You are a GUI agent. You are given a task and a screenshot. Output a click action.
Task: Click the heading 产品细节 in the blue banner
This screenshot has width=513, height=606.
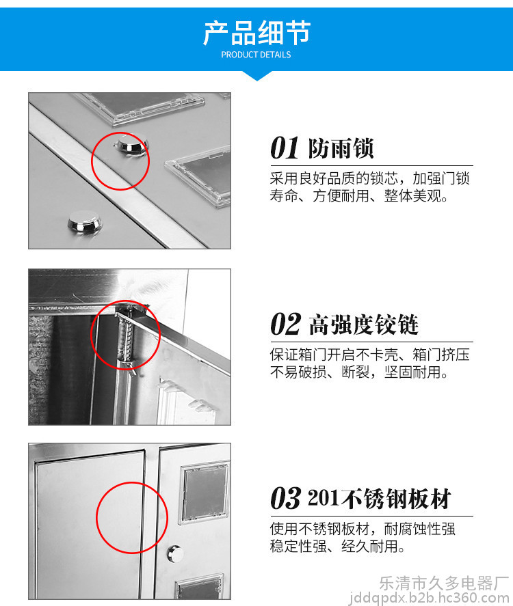[256, 33]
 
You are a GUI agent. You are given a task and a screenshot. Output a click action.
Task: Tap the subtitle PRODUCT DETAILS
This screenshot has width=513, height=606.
[256, 55]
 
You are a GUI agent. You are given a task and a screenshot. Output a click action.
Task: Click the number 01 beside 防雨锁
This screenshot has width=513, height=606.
[285, 148]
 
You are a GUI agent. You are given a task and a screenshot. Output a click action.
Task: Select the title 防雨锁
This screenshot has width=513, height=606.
[341, 148]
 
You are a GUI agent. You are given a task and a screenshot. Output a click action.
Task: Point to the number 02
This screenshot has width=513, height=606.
[285, 324]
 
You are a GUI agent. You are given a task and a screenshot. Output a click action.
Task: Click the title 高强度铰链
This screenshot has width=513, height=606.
[363, 325]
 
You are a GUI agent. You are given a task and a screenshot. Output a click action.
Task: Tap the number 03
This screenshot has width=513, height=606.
[285, 498]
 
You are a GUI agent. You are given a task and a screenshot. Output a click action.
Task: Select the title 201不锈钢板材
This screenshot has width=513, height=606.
[380, 498]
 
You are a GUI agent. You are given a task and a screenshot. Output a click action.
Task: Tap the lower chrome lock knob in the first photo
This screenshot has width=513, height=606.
[85, 222]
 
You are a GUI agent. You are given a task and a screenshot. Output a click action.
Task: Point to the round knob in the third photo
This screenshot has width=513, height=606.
[175, 554]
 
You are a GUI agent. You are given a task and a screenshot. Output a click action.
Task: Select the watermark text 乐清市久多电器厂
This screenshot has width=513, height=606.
[444, 583]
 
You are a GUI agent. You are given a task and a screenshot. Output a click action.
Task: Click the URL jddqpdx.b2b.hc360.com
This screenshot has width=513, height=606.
[429, 598]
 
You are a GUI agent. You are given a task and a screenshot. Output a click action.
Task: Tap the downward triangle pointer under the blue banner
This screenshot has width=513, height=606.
[256, 76]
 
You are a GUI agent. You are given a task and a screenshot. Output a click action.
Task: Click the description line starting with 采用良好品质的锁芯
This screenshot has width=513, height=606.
[369, 178]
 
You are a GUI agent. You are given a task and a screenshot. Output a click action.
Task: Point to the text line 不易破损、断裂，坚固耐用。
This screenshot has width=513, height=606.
[359, 372]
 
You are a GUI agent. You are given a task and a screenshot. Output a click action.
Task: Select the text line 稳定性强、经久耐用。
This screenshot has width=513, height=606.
[338, 546]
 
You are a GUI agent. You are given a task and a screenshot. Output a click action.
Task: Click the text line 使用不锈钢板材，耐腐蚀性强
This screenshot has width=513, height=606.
[363, 528]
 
